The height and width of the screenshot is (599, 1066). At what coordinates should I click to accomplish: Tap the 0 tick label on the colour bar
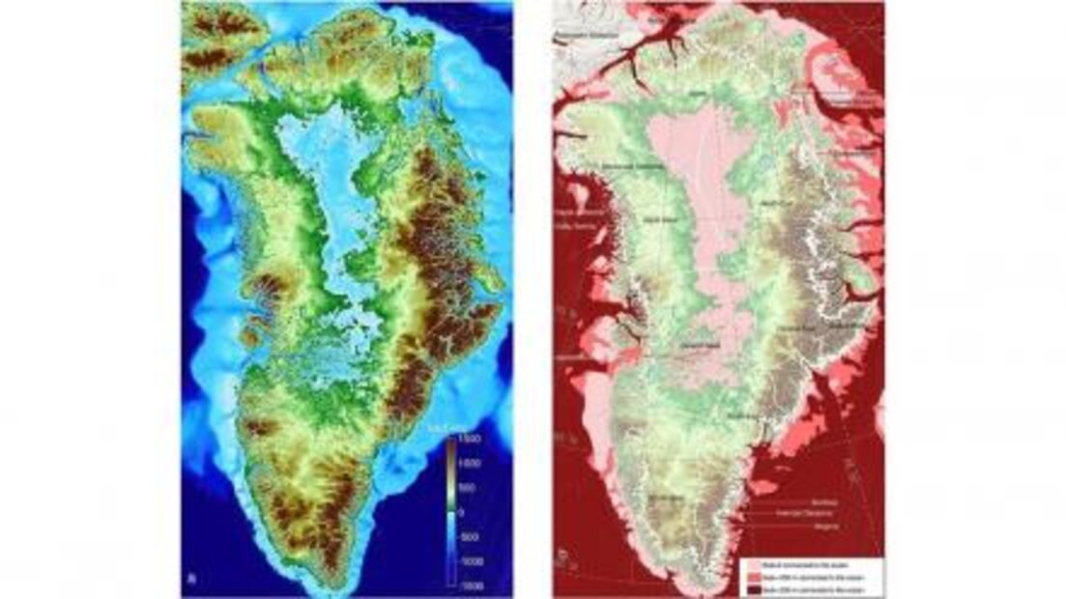pyautogui.click(x=464, y=511)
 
